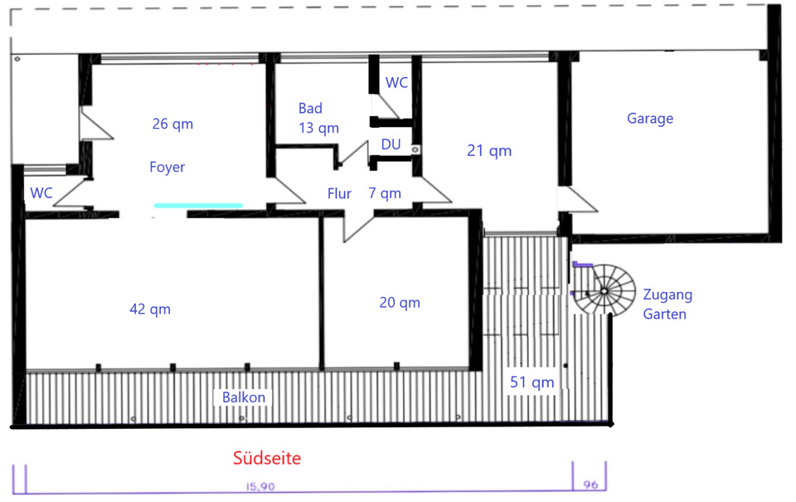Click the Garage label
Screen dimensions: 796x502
649,119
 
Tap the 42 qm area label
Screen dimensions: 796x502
149,309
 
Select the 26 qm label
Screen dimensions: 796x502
172,124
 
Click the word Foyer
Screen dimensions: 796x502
167,167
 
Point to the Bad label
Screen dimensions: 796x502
310,109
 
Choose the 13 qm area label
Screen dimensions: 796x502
318,128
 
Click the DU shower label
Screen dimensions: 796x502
391,144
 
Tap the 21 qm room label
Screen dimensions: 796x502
489,151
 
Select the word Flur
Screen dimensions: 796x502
339,194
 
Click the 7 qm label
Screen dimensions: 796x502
385,194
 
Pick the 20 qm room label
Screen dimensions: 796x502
400,303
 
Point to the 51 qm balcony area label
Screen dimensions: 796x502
531,383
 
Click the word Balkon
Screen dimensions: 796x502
244,397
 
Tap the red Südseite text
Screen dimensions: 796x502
267,458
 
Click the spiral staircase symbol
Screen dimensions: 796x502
605,290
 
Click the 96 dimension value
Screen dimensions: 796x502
590,484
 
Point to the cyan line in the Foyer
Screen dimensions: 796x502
197,204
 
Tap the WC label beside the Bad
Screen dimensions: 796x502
396,83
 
